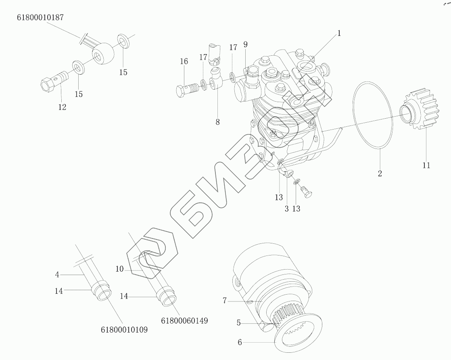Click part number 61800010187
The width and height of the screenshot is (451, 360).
(x=40, y=18)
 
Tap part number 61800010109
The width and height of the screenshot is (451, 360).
(x=124, y=330)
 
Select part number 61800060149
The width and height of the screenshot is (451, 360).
(x=184, y=321)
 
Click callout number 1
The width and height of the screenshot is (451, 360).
(x=339, y=33)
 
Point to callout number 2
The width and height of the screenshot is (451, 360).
(x=380, y=174)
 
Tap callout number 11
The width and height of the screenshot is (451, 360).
(x=426, y=165)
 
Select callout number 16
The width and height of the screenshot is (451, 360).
(x=184, y=61)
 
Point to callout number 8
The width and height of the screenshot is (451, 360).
(x=217, y=121)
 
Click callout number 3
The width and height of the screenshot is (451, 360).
(x=286, y=209)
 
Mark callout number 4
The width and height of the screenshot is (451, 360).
(x=57, y=274)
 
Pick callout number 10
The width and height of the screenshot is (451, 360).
(x=119, y=269)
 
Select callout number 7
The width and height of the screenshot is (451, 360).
(x=225, y=301)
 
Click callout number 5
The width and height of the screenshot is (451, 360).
(x=239, y=323)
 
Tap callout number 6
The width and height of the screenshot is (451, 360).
(x=240, y=342)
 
